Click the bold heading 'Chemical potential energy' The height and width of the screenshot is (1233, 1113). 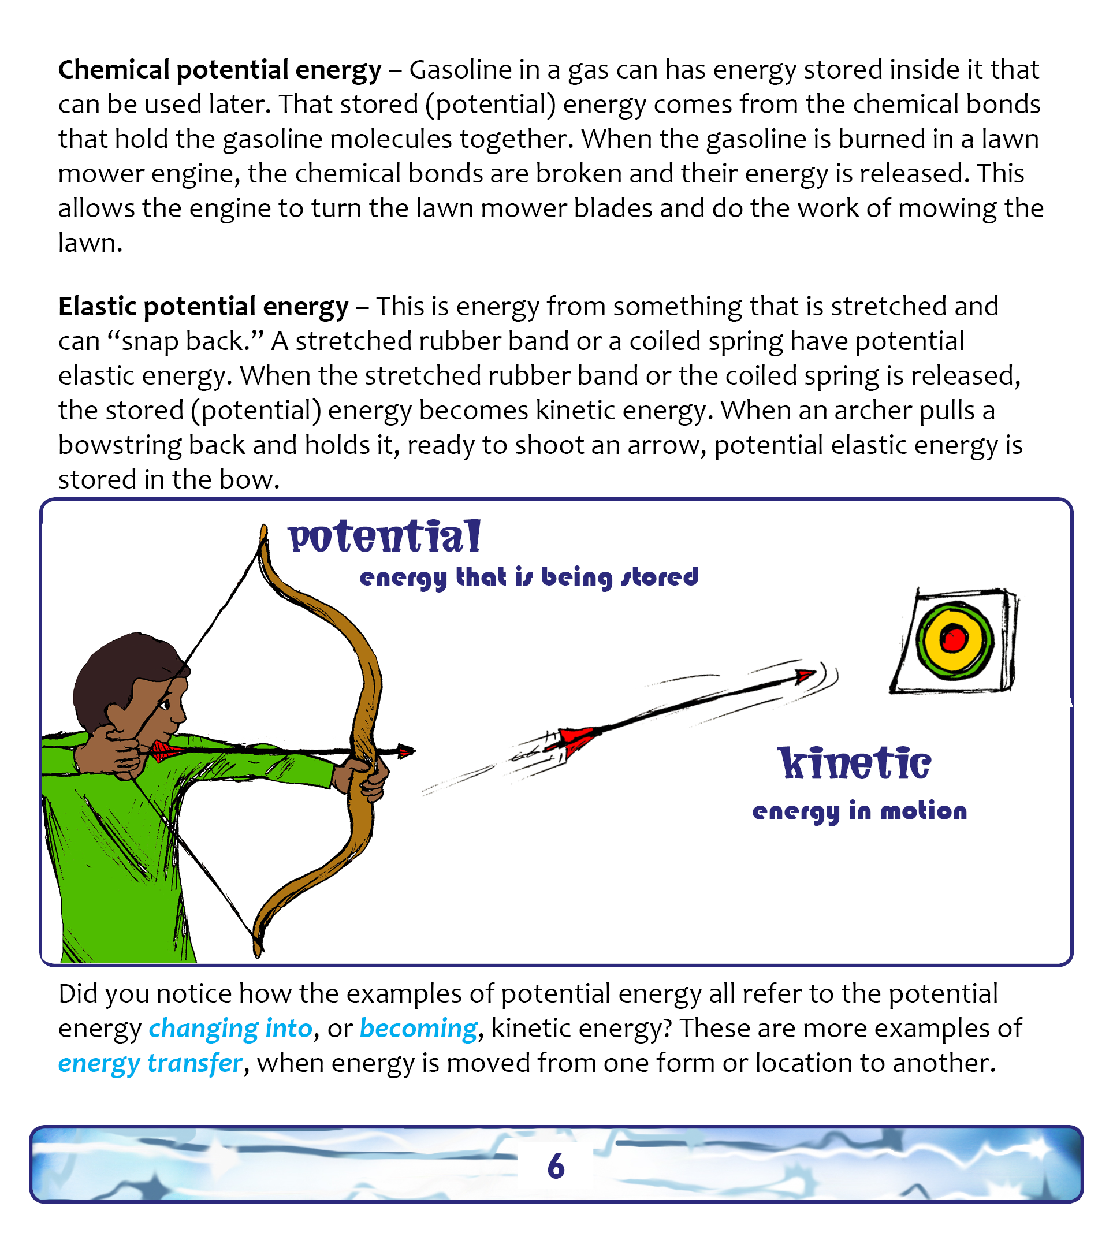pos(219,70)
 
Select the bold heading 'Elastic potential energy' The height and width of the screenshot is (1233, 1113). pos(203,307)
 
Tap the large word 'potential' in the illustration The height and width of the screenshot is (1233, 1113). pos(385,537)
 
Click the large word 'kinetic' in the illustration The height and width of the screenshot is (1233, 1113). pos(854,764)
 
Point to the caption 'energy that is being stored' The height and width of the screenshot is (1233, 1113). pos(529,577)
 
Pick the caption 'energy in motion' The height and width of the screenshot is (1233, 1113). pos(859,812)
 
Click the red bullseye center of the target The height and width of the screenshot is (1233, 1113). pos(953,639)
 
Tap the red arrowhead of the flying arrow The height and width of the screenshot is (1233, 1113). pos(805,676)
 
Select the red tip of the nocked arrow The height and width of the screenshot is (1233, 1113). pos(405,751)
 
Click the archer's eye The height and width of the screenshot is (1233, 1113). pos(165,705)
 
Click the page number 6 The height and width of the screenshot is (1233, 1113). pos(556,1166)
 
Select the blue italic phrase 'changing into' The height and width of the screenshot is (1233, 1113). pos(230,1029)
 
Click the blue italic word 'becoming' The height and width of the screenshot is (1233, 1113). pos(418,1029)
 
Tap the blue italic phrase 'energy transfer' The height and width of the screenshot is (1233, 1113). pos(150,1064)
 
